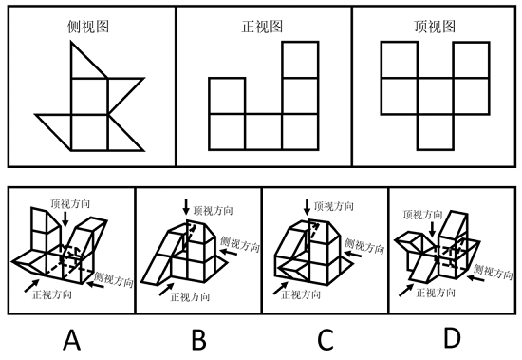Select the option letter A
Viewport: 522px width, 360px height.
click(70, 338)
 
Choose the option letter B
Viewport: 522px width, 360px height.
click(200, 338)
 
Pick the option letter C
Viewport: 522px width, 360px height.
click(325, 338)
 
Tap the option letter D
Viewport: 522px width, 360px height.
click(454, 338)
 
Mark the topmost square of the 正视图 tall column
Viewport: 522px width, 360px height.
click(300, 60)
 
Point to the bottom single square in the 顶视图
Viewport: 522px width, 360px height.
click(436, 131)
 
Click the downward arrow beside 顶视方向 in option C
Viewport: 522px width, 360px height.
click(307, 207)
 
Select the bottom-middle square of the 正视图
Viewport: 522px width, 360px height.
click(263, 131)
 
